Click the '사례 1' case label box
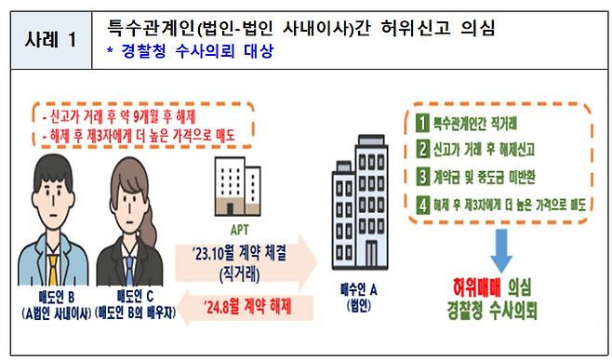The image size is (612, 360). [50, 41]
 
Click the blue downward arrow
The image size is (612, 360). [500, 247]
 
